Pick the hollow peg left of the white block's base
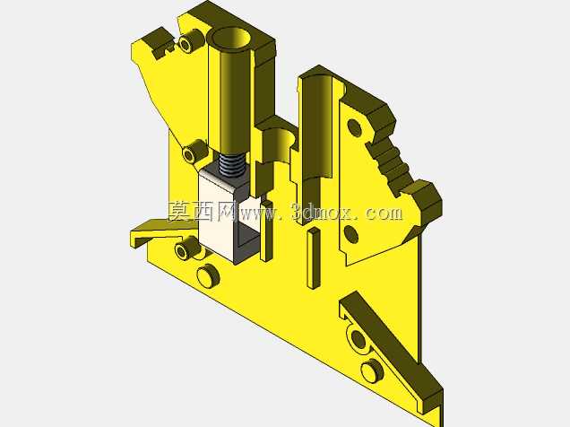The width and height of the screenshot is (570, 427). tap(186, 248)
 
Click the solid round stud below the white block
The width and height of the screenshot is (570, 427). tap(208, 275)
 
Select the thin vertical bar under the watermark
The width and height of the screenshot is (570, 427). tap(314, 257)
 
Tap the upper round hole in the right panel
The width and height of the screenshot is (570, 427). tap(354, 127)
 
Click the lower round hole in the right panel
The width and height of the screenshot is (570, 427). tap(350, 234)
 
